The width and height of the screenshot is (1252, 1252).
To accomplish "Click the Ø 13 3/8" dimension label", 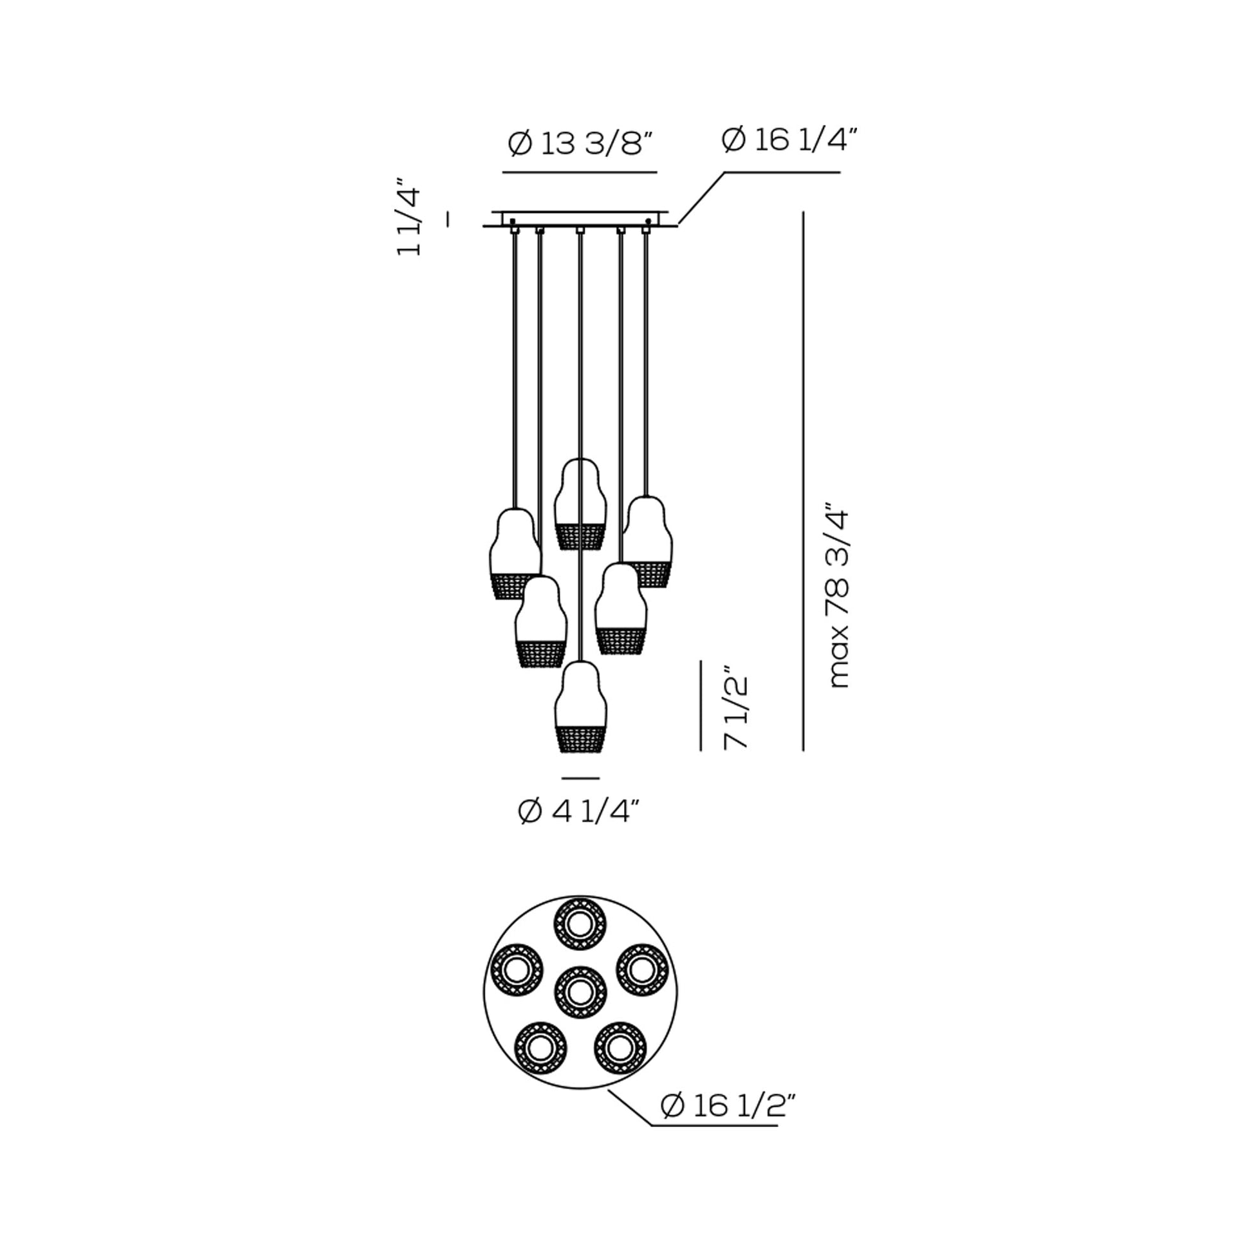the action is [580, 143].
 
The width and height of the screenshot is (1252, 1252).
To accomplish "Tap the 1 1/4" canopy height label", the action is [409, 216].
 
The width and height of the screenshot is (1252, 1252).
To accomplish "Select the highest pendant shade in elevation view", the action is [580, 504].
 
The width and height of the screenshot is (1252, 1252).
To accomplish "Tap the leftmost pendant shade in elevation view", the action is [515, 554].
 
